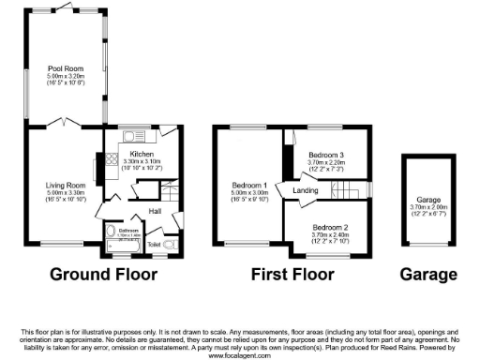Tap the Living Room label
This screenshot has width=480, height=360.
(62, 186)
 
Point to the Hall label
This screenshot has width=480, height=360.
(157, 211)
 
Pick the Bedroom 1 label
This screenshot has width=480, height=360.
(250, 186)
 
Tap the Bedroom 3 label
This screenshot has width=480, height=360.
(330, 154)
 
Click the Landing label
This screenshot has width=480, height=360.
(306, 192)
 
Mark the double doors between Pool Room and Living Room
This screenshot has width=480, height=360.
(64, 124)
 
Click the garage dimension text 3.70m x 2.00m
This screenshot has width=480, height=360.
(427, 205)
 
